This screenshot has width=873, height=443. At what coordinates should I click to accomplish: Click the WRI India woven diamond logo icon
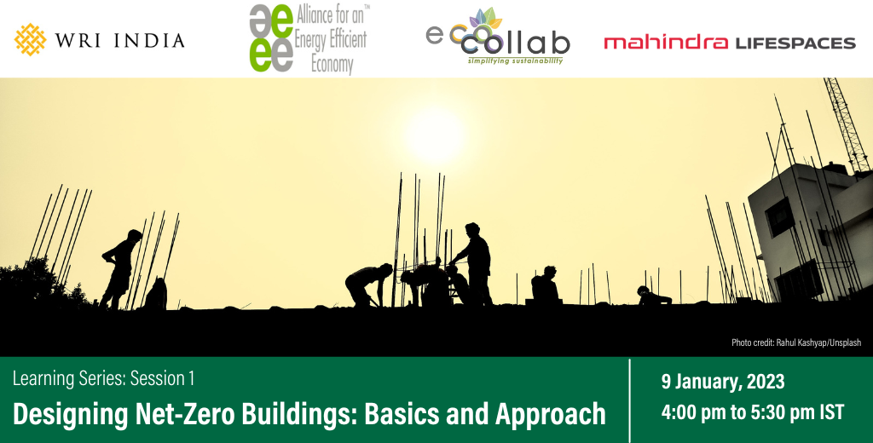(x=30, y=39)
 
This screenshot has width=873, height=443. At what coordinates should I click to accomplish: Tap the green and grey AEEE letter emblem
(x=270, y=38)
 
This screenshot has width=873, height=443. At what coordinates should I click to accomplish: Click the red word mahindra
(x=666, y=43)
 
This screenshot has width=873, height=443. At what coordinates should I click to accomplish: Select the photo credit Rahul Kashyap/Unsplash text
(x=796, y=342)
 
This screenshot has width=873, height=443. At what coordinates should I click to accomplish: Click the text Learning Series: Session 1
(x=103, y=377)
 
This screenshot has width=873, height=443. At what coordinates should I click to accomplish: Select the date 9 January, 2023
(x=722, y=381)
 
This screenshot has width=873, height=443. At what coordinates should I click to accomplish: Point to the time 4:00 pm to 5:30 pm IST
(x=753, y=413)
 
